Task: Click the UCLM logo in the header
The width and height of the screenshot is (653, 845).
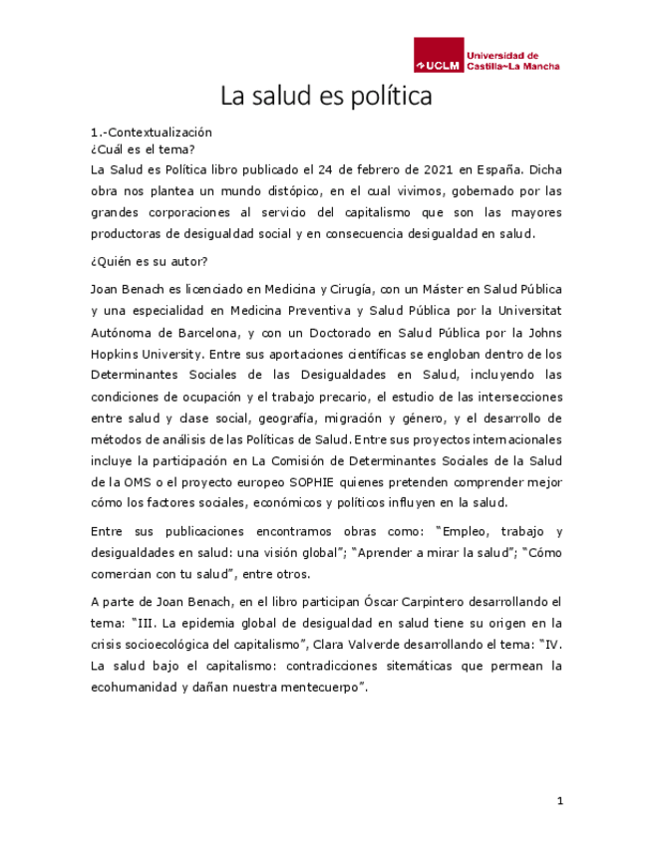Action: (487, 60)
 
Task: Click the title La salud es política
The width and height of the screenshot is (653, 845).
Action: (326, 98)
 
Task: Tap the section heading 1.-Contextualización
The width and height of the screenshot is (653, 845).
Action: (152, 132)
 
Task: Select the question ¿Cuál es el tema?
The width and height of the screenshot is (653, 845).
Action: (136, 147)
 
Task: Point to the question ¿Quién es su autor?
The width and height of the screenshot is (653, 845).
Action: (149, 262)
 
